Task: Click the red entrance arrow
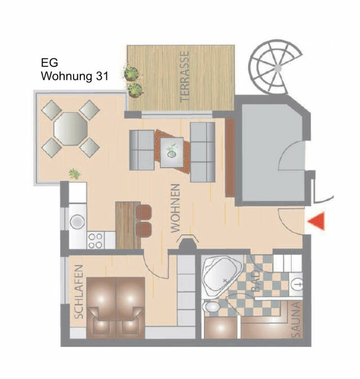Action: [317, 222]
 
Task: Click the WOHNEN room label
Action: [175, 208]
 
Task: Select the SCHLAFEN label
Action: [79, 292]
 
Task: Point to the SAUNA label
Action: [296, 319]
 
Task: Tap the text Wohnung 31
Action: [74, 75]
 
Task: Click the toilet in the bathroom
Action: [213, 307]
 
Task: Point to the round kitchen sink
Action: [76, 222]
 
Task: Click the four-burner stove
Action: [95, 240]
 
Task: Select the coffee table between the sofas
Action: [172, 150]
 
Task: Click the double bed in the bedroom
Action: [116, 306]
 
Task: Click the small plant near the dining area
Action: [74, 174]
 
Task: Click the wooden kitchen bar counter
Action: [127, 225]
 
